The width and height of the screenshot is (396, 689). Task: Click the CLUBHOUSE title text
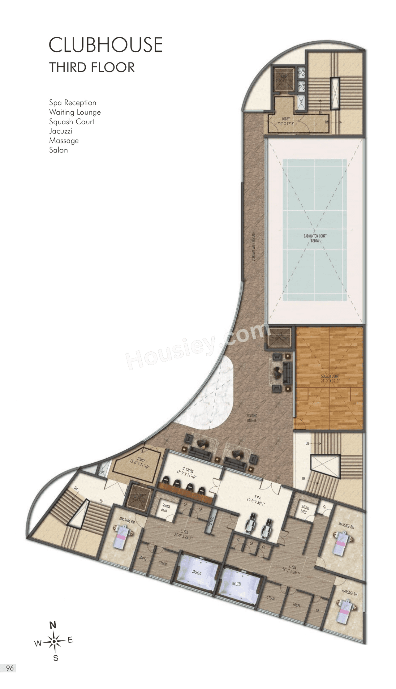[x=105, y=45]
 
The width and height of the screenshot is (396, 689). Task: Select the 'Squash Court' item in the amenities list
[x=71, y=122]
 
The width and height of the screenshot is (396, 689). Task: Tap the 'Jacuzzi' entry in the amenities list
[x=61, y=131]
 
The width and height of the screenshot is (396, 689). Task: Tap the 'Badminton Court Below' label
[x=315, y=238]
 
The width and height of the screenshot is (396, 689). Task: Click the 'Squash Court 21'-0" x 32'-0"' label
[x=330, y=379]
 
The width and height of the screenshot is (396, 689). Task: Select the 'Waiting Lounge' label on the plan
[x=252, y=418]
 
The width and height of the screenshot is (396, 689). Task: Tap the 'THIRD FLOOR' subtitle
[x=92, y=67]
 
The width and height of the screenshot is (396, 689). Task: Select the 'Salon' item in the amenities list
[x=58, y=150]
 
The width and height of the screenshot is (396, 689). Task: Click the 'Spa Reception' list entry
[x=73, y=103]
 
